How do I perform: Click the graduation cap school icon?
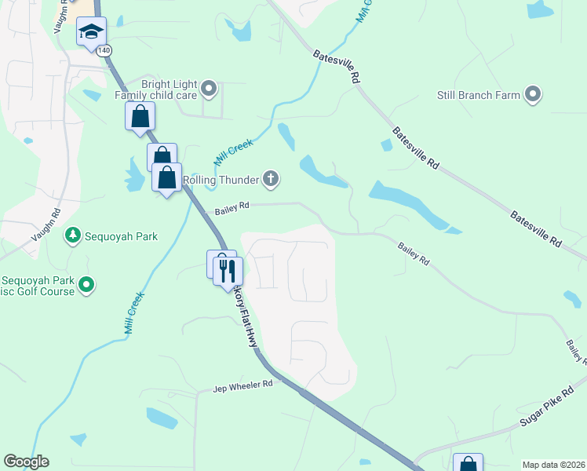pyautogui.click(x=91, y=32)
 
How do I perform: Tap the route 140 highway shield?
pyautogui.click(x=104, y=49)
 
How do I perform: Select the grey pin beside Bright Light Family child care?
pyautogui.click(x=209, y=89)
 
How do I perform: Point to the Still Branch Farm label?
pyautogui.click(x=479, y=95)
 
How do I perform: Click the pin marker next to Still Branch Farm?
pyautogui.click(x=533, y=95)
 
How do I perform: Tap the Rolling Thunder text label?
pyautogui.click(x=221, y=180)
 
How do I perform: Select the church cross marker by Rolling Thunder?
pyautogui.click(x=271, y=180)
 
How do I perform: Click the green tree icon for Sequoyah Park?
pyautogui.click(x=72, y=235)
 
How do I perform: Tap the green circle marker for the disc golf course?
pyautogui.click(x=86, y=285)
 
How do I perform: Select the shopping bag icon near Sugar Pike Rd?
pyautogui.click(x=468, y=464)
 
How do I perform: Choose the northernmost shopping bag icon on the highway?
pyautogui.click(x=140, y=117)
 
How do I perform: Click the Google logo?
pyautogui.click(x=26, y=462)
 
